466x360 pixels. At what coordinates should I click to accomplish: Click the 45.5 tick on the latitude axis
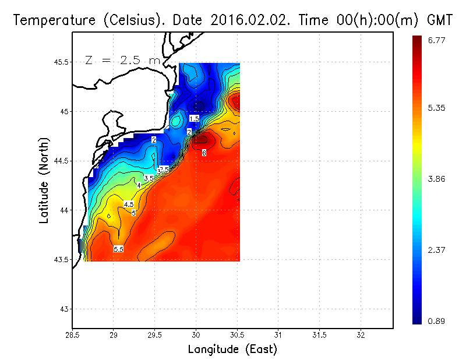[61, 62]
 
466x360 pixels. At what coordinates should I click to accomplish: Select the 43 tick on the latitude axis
[64, 308]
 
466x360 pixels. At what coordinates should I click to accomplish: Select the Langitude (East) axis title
[232, 350]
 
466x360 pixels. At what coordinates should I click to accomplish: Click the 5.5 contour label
[118, 249]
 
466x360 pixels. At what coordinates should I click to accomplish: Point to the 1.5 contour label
[194, 118]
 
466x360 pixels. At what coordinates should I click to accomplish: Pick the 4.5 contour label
[129, 204]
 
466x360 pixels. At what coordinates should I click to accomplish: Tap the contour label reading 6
[204, 153]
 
